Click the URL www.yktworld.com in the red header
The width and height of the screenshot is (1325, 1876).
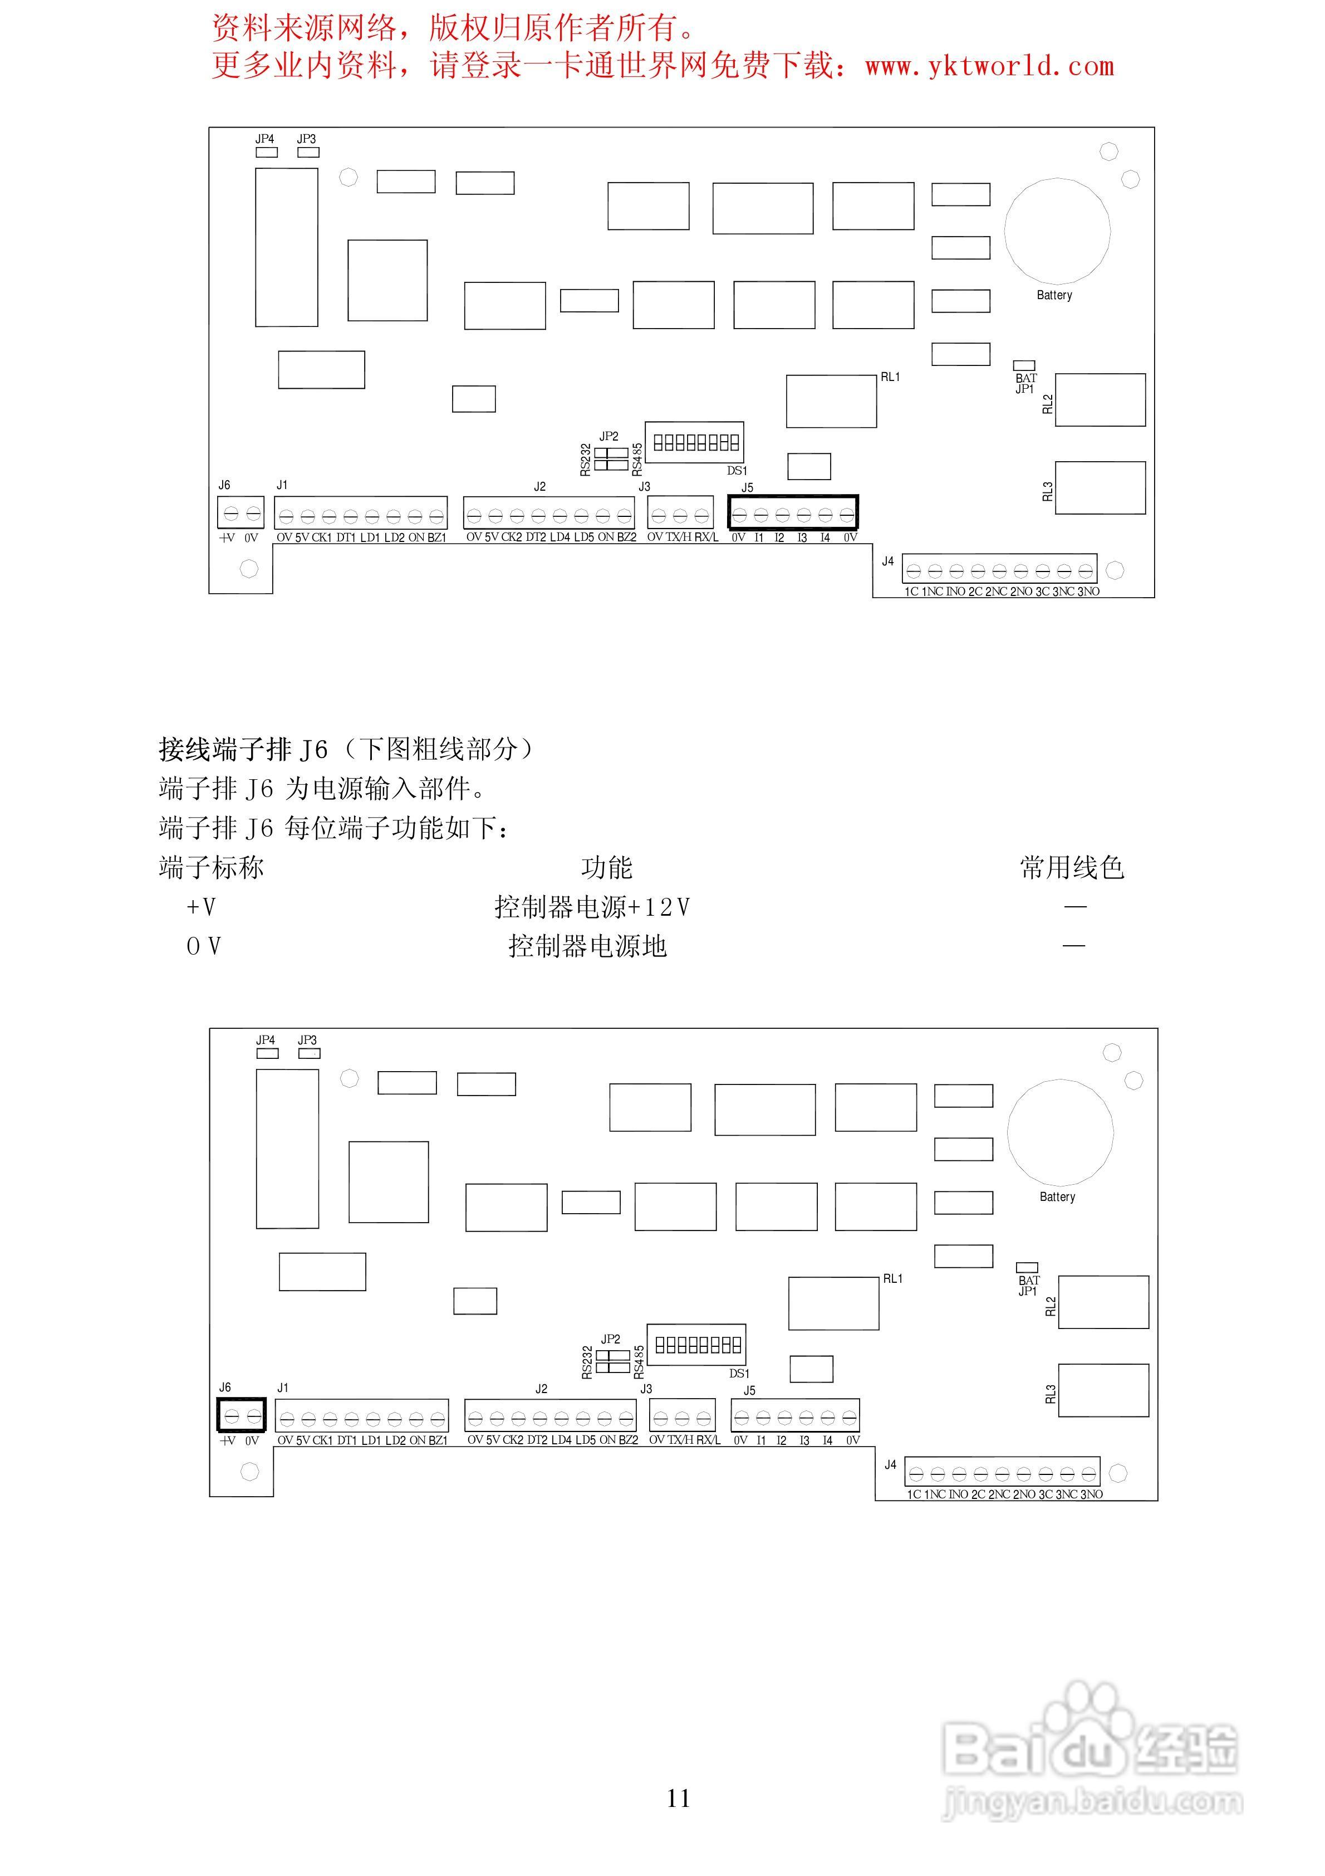[989, 66]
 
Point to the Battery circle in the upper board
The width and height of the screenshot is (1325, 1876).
[1057, 231]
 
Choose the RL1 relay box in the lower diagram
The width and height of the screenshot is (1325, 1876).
[833, 1303]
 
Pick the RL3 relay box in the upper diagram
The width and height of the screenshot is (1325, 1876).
[1100, 488]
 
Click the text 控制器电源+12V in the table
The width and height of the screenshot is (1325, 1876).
[592, 907]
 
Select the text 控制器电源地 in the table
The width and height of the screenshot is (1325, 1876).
[587, 946]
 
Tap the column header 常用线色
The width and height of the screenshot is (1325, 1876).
[1072, 868]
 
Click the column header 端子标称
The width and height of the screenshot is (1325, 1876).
[212, 868]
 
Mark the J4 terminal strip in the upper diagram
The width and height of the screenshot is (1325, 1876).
[999, 569]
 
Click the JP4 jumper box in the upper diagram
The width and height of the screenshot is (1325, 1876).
[266, 152]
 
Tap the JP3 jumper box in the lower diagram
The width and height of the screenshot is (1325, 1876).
[310, 1053]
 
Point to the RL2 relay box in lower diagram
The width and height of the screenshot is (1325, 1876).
[1103, 1302]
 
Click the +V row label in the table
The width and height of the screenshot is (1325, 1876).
[201, 907]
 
